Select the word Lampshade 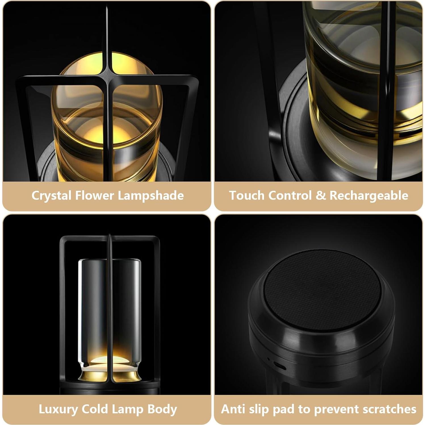(x=151, y=196)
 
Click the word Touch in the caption (x=246, y=196)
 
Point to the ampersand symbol (x=321, y=196)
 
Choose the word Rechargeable (x=369, y=196)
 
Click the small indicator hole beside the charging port (x=268, y=359)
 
